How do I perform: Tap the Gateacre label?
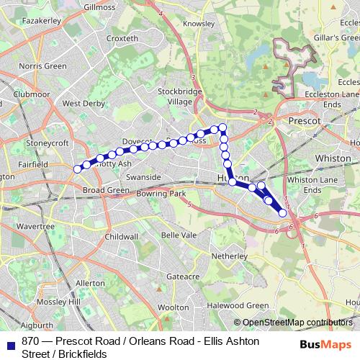(x=182, y=276)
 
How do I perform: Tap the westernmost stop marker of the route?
(x=76, y=169)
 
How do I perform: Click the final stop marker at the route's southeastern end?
(x=283, y=213)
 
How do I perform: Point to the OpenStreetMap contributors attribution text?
(x=297, y=323)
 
